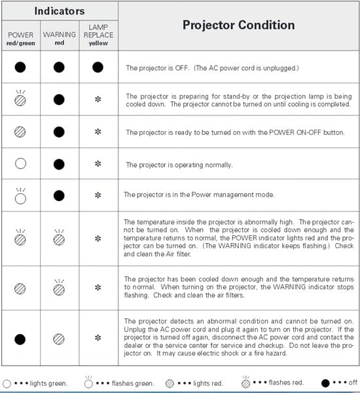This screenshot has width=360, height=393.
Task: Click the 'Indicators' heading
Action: pyautogui.click(x=60, y=11)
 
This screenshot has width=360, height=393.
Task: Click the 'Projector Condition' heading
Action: pyautogui.click(x=238, y=25)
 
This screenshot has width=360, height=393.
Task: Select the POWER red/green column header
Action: pyautogui.click(x=21, y=39)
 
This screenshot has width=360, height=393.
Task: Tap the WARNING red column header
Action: pyautogui.click(x=60, y=39)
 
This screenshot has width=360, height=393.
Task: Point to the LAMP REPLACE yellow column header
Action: pyautogui.click(x=98, y=35)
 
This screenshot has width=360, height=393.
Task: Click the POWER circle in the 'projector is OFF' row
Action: pyautogui.click(x=20, y=67)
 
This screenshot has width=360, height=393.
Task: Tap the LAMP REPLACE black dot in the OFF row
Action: pyautogui.click(x=98, y=67)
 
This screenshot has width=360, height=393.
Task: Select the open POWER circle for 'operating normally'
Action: pyautogui.click(x=20, y=164)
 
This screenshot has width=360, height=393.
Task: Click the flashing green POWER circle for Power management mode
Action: pyautogui.click(x=20, y=198)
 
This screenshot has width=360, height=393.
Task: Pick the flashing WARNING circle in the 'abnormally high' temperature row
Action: pyautogui.click(x=59, y=240)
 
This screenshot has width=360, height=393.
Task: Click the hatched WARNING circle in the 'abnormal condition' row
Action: pyautogui.click(x=59, y=339)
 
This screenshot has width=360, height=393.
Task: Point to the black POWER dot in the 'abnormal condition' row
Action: pyautogui.click(x=20, y=339)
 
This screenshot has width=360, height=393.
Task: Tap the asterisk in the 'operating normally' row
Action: pyautogui.click(x=98, y=164)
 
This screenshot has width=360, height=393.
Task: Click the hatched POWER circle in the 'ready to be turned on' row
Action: pyautogui.click(x=20, y=132)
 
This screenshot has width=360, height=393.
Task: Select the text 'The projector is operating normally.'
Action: pyautogui.click(x=179, y=165)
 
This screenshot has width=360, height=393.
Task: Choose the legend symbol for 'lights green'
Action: pyautogui.click(x=7, y=384)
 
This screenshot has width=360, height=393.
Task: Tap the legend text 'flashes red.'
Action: pyautogui.click(x=286, y=383)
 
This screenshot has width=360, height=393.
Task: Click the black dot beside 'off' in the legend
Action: pyautogui.click(x=325, y=383)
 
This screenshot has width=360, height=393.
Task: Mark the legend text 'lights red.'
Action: pyautogui.click(x=208, y=383)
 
